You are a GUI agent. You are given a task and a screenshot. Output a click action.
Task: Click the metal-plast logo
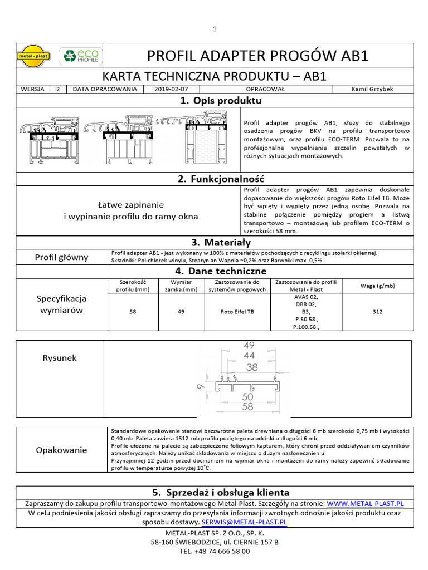tap(35, 55)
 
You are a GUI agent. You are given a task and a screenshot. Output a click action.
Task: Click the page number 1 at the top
tap(214, 29)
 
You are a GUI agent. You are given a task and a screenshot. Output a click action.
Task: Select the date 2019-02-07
tap(172, 89)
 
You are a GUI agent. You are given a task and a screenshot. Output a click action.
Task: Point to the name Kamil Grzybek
tap(372, 89)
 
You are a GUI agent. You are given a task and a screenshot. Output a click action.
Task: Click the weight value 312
tap(377, 312)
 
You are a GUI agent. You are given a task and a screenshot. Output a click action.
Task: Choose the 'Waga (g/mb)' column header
tap(377, 286)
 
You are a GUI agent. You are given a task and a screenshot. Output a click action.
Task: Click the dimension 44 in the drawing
tap(249, 356)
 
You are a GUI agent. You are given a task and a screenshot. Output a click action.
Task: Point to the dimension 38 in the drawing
tap(252, 367)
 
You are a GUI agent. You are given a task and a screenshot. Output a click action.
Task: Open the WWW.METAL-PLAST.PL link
tap(365, 504)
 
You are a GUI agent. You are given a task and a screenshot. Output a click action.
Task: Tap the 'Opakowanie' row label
tap(61, 450)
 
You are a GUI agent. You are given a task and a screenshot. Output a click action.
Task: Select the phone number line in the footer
tap(214, 551)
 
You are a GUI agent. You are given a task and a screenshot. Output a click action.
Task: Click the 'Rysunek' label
tap(60, 358)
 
